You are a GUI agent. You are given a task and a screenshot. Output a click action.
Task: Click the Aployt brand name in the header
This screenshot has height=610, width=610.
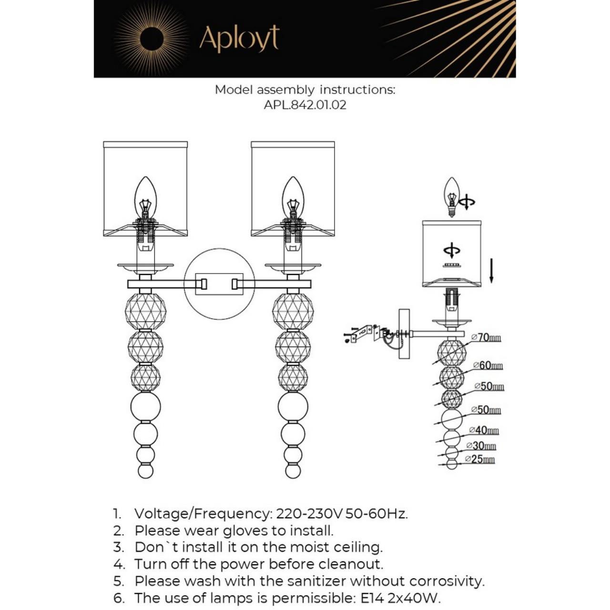click(239, 39)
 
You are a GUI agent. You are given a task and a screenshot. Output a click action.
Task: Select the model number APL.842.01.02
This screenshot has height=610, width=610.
click(305, 105)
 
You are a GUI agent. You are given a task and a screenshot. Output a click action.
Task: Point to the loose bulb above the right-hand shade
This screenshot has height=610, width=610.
click(451, 195)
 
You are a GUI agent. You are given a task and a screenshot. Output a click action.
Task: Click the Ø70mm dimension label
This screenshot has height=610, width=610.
click(486, 337)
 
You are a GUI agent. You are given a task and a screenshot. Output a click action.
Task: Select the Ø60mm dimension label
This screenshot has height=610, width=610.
click(488, 366)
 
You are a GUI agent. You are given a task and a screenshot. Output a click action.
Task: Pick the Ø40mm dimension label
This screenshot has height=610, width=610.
click(484, 430)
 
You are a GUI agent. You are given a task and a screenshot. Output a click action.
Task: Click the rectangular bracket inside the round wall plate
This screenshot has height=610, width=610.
click(219, 284)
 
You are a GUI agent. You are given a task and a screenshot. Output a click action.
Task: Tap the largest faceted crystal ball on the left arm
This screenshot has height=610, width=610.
click(145, 311)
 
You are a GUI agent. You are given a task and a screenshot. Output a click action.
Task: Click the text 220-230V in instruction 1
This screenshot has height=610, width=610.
click(309, 514)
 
